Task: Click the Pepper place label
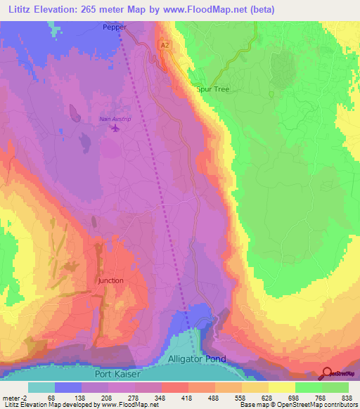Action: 115,27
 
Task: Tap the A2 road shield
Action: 165,44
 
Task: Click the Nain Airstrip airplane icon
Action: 115,129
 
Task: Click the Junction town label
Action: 110,280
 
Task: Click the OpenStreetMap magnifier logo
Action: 328,374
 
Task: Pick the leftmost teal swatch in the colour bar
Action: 41,387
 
